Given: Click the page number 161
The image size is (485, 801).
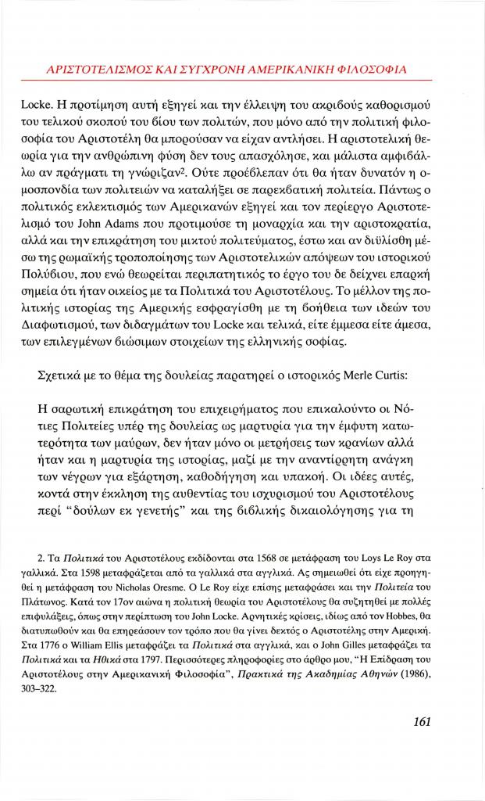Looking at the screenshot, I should click(x=420, y=722).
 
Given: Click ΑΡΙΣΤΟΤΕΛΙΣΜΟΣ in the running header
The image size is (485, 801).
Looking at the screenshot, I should click(x=99, y=69).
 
